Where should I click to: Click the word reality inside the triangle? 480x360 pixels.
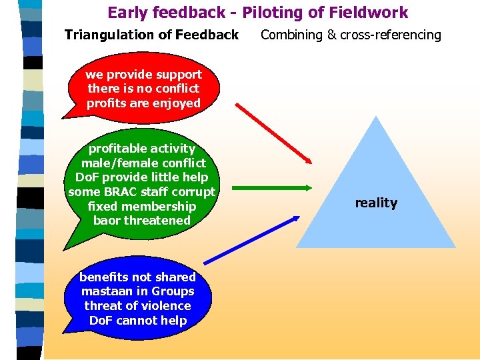376,203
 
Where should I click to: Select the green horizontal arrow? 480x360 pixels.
272,189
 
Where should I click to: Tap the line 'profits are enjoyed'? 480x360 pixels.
143,103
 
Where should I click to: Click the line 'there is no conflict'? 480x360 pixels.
143,88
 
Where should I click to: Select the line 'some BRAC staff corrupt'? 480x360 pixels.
142,192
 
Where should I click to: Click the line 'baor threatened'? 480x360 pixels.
142,220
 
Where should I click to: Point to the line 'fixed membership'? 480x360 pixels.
142,206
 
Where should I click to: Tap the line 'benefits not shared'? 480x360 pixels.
137,277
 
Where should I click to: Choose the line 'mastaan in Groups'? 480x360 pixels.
137,291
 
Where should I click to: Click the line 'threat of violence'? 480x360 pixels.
137,306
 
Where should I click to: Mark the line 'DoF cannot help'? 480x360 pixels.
137,321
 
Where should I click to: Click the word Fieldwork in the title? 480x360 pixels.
374,12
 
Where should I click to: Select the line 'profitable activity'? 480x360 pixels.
142,148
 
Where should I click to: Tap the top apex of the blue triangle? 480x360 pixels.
377,117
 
